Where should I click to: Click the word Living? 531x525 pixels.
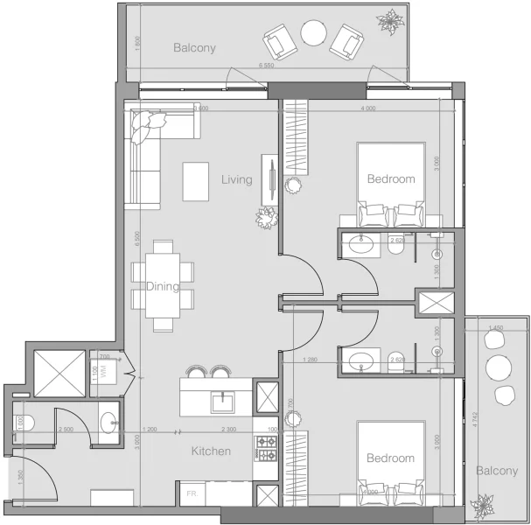[x=236, y=180]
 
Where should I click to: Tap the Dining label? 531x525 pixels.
[x=163, y=286]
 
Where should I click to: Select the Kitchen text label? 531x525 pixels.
[x=211, y=451]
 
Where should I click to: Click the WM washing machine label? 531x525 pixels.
[x=102, y=372]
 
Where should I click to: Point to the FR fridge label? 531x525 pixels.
[x=190, y=494]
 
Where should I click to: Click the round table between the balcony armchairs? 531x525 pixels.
[x=314, y=34]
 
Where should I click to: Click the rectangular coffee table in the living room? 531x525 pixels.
[x=195, y=181]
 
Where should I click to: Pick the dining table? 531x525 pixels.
[x=162, y=286]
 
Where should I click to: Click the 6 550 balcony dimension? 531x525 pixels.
[x=268, y=66]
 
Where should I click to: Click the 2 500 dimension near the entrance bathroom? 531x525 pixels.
[x=65, y=430]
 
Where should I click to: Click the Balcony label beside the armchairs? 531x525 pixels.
[x=193, y=48]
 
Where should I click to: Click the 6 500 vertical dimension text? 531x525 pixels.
[x=138, y=240]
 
